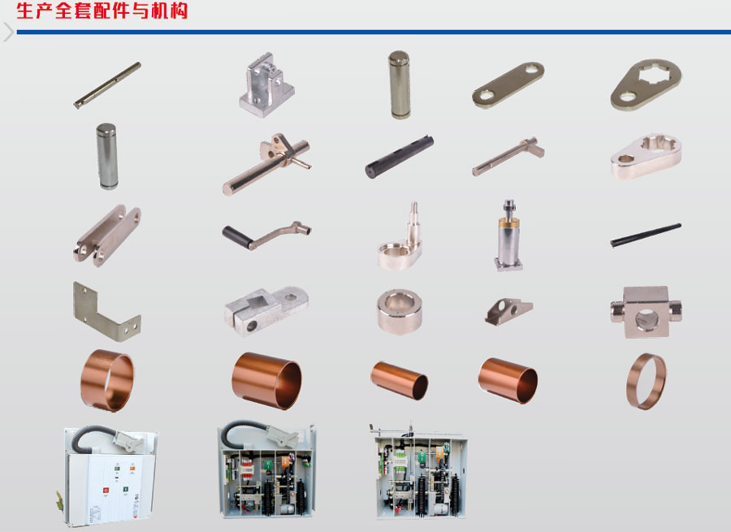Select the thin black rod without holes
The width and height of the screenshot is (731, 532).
[x=646, y=236]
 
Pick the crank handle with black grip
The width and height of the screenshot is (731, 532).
[x=265, y=234]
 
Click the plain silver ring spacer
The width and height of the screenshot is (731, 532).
[x=399, y=310]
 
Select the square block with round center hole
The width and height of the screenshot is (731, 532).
[x=645, y=311]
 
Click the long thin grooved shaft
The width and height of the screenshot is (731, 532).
[x=107, y=85]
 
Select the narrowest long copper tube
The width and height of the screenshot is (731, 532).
[x=399, y=379]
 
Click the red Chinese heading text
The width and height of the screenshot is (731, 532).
[x=102, y=12]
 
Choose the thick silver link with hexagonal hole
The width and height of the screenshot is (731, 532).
[x=645, y=156]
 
